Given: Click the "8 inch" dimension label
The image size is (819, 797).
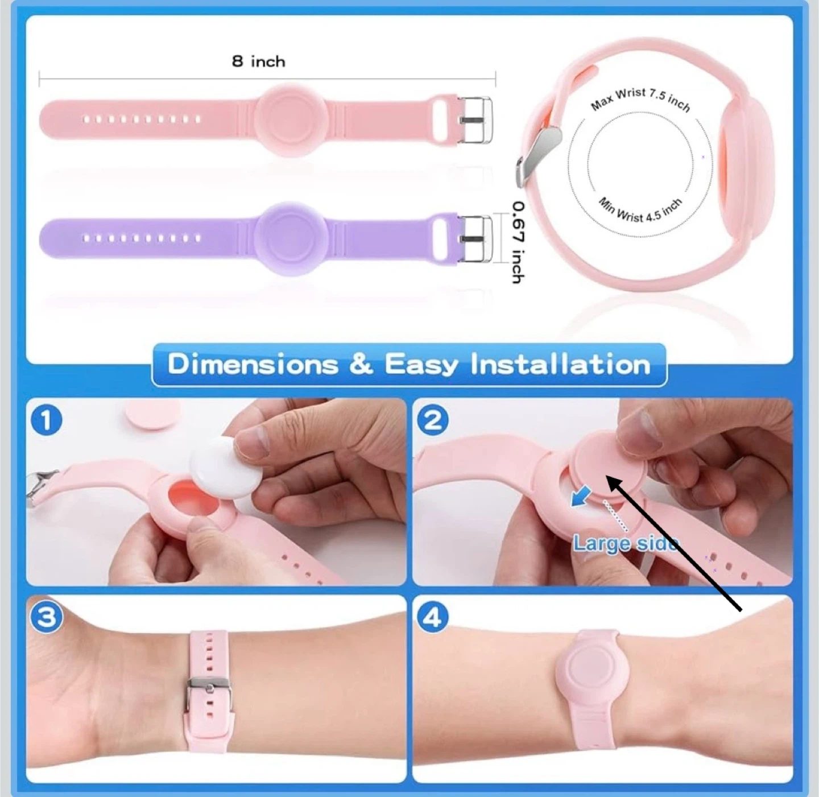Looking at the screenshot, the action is (258, 61).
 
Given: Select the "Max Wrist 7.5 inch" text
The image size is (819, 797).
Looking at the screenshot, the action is (640, 100).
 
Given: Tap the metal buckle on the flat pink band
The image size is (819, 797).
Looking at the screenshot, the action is (475, 120).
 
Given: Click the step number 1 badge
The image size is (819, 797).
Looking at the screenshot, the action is (46, 420).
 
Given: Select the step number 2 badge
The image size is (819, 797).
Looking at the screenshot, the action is (433, 420).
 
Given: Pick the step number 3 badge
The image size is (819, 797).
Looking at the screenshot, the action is (46, 618).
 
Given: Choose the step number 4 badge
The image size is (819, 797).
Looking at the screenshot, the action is (433, 618).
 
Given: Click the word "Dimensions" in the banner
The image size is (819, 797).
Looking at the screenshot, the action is (253, 364).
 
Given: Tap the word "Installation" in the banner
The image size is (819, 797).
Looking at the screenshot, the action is (561, 364).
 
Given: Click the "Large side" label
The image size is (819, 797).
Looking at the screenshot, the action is (626, 543).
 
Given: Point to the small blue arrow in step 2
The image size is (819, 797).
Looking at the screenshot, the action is (581, 497).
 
